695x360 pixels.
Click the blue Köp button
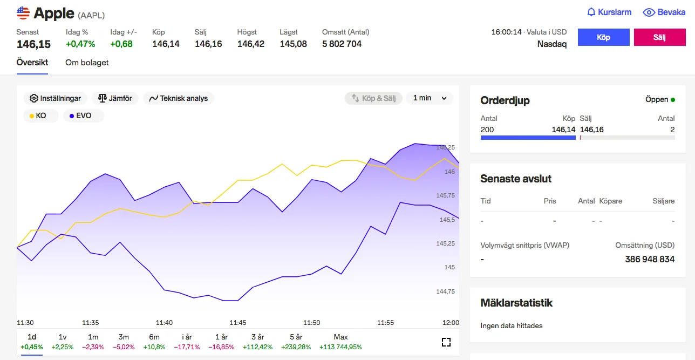(603, 37)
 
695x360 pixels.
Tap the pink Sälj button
(659, 37)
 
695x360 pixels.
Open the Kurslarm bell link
(609, 12)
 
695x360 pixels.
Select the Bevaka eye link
(664, 12)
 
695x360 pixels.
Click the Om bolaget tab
(87, 63)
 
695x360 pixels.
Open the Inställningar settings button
(55, 98)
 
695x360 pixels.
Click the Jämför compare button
(115, 98)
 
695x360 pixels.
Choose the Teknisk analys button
(179, 98)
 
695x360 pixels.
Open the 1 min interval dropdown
(430, 98)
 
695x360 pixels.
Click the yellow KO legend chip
(40, 116)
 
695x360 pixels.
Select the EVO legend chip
(84, 116)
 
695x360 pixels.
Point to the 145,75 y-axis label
(445, 195)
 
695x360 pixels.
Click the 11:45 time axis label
(237, 322)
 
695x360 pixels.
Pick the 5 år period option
(296, 342)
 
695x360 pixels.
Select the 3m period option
(124, 342)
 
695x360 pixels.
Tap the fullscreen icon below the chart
(446, 342)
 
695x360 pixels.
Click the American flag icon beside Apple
(23, 13)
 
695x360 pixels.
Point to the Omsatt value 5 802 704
(342, 44)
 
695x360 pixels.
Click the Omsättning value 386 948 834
(650, 259)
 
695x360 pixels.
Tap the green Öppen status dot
(673, 100)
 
